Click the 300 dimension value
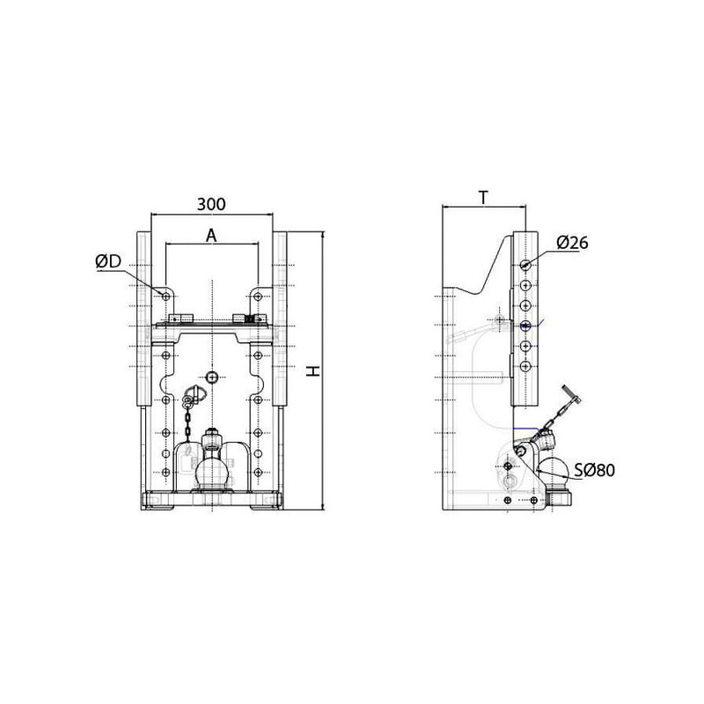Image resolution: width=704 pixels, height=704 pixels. [211, 204]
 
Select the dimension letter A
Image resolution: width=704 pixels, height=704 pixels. [211, 235]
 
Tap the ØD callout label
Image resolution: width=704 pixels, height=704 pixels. [108, 261]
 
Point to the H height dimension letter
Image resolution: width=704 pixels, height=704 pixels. [313, 370]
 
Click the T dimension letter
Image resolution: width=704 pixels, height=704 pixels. [483, 197]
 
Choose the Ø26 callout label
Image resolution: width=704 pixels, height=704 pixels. [572, 243]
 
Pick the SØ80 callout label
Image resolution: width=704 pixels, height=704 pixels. [595, 470]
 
